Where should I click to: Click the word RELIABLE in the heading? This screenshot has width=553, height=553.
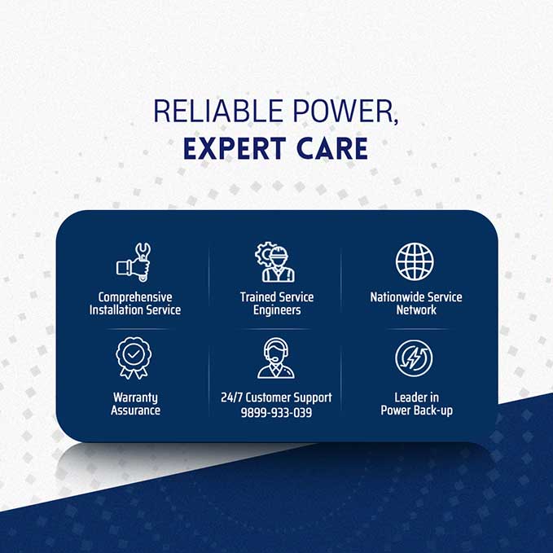pos(218,111)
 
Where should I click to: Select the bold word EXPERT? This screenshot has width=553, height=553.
pos(235,148)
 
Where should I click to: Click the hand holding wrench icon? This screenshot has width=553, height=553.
pos(134,262)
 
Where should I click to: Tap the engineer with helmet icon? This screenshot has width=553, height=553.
pos(275,262)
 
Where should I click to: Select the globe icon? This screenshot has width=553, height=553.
pos(415,261)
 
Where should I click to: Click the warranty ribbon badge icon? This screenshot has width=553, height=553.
pos(134,358)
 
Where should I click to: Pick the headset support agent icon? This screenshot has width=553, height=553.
pos(276,358)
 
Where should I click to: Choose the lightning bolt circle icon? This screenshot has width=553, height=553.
pos(414,358)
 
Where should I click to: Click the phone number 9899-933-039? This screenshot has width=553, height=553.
pos(277,412)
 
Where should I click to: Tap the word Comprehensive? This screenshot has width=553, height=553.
pos(135,297)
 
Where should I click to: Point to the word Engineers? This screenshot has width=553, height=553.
pos(277,311)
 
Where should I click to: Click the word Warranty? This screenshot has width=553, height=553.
pos(135,398)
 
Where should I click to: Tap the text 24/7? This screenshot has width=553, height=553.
pos(232,397)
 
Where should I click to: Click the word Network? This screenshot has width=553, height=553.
pos(416,310)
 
